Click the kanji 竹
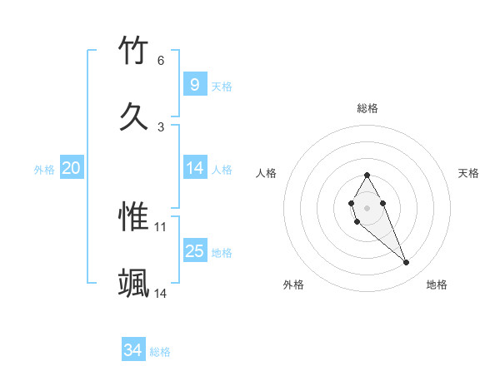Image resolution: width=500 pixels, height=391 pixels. point(134,51)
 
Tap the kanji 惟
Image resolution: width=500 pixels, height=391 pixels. point(134,216)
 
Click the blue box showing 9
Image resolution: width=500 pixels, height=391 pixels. point(194,84)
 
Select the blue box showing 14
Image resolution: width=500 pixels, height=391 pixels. point(194,168)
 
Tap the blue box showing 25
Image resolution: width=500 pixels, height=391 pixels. point(194,251)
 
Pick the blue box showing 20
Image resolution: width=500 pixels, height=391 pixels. point(72,168)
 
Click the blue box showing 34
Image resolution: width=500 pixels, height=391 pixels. point(133,350)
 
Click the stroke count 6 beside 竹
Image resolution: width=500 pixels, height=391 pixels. point(161,61)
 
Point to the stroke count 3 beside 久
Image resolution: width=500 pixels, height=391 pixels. point(161,126)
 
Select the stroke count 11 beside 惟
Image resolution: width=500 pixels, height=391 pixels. point(161,226)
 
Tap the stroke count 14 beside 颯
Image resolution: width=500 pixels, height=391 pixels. point(161,293)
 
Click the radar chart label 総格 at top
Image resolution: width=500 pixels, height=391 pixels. point(367,108)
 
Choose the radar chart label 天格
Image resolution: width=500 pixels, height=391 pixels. point(469,173)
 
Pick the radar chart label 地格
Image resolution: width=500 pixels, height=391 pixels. point(437,285)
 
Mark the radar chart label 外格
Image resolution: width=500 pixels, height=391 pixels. point(293,285)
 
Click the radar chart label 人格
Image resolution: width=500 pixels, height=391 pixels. point(266,173)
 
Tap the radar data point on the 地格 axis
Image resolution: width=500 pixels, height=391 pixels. point(406,263)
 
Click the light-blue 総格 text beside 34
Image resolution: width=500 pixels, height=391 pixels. point(160,352)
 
